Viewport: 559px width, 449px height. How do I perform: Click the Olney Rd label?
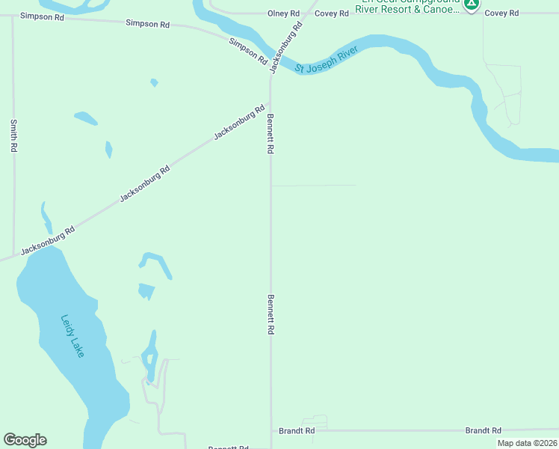pos(284,13)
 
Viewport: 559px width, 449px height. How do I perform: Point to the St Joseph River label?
pos(327,60)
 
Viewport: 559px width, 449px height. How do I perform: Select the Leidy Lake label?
pos(72,335)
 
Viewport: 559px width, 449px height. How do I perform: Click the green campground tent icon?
pos(471,4)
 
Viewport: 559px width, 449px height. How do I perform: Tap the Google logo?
pos(25,440)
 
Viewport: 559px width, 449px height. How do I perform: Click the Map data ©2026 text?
pos(527,443)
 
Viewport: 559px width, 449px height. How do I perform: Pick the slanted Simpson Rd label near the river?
pos(249,50)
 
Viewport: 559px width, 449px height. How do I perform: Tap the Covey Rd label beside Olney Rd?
pos(332,13)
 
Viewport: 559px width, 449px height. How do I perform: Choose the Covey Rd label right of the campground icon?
pos(501,13)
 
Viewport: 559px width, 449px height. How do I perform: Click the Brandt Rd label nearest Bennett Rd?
pos(297,431)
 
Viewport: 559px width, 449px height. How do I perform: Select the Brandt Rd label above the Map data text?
pos(483,430)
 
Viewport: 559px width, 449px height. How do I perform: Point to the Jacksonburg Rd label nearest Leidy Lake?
pos(48,241)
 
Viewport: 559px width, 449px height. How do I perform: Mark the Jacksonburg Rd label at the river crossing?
pos(286,46)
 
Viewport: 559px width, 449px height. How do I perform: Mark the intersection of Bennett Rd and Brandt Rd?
pos(271,431)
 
